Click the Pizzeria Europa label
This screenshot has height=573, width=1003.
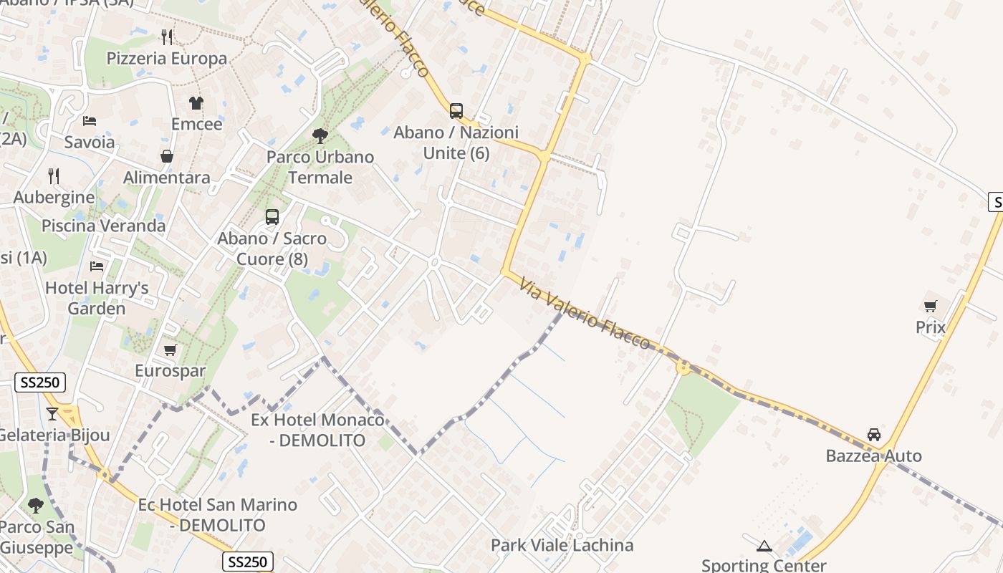(167, 59)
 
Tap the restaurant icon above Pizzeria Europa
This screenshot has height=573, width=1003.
(167, 37)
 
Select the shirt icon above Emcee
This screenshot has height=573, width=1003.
(196, 102)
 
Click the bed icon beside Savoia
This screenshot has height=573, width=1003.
(90, 120)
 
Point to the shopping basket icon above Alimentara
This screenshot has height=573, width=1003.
(167, 156)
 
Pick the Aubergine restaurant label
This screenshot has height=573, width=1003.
(54, 198)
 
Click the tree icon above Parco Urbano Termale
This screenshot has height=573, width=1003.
(320, 135)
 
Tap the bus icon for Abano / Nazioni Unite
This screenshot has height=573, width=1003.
(456, 111)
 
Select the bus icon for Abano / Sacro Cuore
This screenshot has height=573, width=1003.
(272, 216)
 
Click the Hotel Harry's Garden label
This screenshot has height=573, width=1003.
(97, 299)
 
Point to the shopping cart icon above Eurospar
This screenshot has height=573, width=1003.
(170, 350)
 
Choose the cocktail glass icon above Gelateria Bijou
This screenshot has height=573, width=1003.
(52, 413)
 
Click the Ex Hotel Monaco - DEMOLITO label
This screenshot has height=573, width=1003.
(317, 430)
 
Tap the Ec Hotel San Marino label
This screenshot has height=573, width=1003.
(218, 514)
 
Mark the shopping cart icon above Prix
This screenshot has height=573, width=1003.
(931, 306)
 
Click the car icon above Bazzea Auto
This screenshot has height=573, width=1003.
(874, 434)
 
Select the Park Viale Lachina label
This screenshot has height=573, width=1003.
(562, 546)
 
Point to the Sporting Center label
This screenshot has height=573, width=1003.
(764, 565)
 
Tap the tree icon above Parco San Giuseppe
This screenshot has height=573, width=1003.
(36, 506)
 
